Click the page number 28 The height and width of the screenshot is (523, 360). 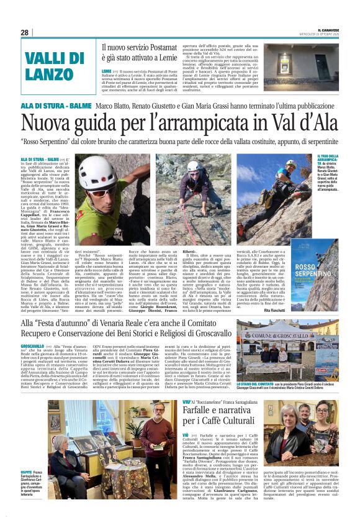(24, 32)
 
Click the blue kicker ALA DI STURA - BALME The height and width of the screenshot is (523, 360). (61, 106)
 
